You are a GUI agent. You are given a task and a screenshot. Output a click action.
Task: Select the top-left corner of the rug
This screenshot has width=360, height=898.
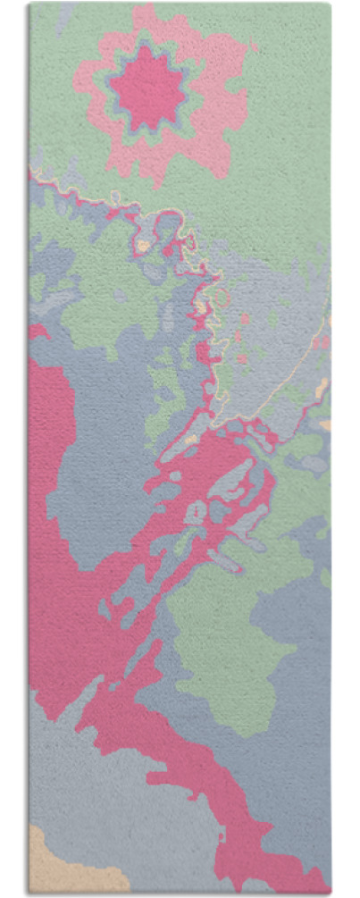click(29, 4)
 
